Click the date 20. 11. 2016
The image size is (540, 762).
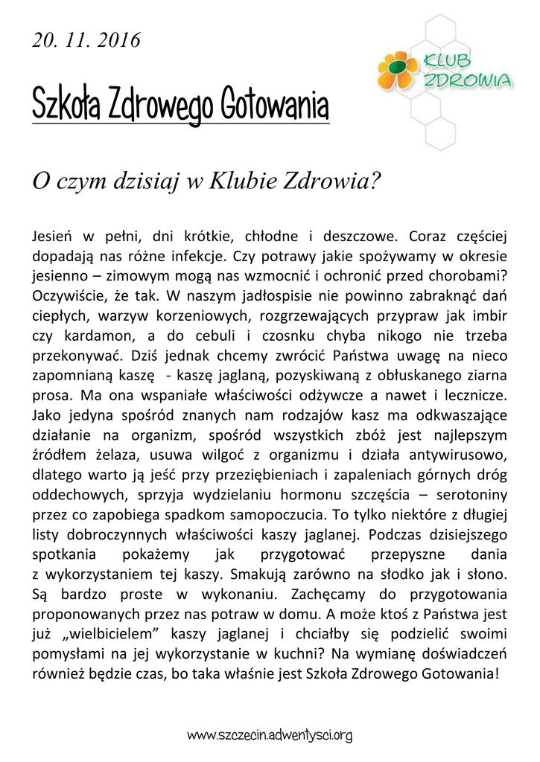click(86, 41)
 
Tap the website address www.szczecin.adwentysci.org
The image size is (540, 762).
click(269, 736)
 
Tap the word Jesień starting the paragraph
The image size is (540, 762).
click(53, 237)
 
